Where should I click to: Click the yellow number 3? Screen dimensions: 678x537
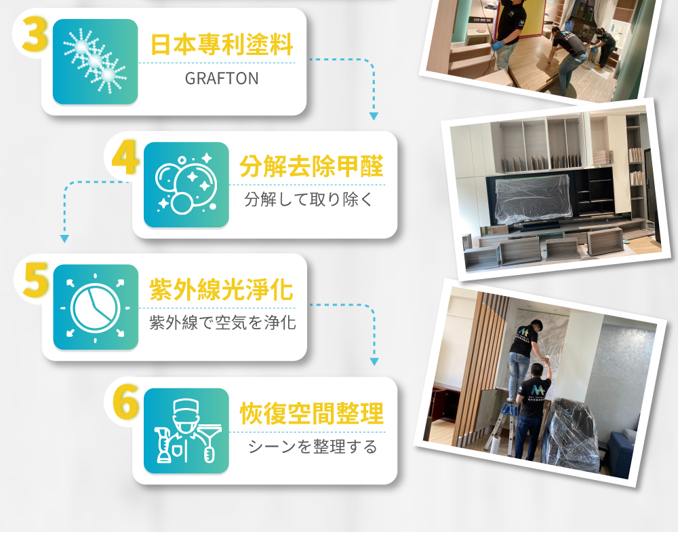35,35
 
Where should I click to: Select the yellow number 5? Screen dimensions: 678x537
35,280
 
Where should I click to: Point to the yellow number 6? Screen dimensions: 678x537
126,403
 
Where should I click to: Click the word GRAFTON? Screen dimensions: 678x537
222,78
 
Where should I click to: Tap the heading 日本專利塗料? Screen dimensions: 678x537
222,45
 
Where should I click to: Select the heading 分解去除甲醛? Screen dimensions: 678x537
311,167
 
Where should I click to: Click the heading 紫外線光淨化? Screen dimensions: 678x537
222,289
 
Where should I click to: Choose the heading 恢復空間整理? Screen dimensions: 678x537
312,413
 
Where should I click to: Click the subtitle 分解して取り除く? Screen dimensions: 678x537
308,200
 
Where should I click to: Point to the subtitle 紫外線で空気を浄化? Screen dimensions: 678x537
222,322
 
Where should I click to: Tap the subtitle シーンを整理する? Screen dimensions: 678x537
313,447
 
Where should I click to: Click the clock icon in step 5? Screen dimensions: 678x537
95,307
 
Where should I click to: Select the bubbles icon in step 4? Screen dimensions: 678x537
186,183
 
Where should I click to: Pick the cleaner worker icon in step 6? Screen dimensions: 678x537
186,430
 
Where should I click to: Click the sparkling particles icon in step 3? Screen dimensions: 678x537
95,60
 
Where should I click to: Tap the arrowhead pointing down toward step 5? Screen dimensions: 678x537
64,238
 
